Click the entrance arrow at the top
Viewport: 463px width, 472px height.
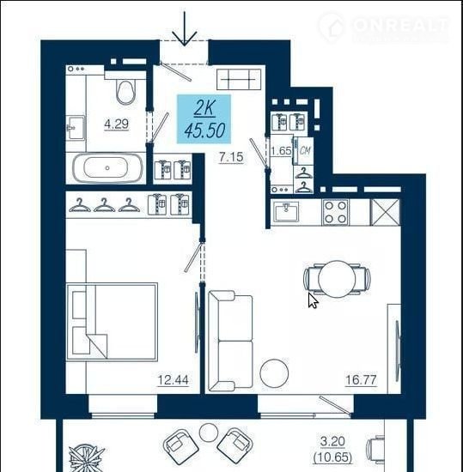coord(185,28)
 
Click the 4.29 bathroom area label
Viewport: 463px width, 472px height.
coord(116,124)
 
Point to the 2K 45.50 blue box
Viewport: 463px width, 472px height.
coord(204,118)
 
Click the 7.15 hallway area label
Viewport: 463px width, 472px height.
coord(231,157)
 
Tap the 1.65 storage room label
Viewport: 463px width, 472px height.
coord(281,150)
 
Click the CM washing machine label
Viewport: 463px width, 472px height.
coord(305,150)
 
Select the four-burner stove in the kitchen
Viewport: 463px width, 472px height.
coord(336,212)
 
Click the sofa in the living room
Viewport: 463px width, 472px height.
coord(230,339)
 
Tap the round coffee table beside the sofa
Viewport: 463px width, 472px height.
coord(274,373)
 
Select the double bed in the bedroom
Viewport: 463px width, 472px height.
coord(112,322)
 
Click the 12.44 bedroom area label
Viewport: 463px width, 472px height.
coord(174,380)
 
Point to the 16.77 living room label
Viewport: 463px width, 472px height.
coord(361,380)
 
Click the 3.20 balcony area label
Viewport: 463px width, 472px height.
coord(332,442)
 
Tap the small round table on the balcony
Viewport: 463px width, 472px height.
coord(209,433)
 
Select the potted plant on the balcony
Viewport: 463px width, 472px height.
coord(87,459)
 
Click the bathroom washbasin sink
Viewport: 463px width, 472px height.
coord(75,128)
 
